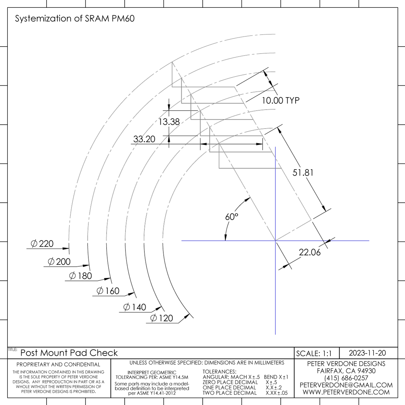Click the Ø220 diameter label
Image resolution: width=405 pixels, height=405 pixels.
[x=42, y=244]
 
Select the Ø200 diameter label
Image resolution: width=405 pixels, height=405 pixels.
[x=59, y=262]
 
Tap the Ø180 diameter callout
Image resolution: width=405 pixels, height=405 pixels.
[x=80, y=276]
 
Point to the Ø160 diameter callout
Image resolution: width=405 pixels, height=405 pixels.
[x=108, y=291]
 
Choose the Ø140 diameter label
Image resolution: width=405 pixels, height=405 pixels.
[x=135, y=307]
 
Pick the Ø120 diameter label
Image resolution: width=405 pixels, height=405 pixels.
[x=161, y=318]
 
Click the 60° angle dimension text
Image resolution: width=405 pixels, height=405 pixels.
[x=232, y=217]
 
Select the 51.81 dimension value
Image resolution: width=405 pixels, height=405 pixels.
[x=303, y=172]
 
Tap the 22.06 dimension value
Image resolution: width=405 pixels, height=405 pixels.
[x=309, y=252]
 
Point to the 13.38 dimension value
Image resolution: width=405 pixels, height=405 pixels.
[x=169, y=122]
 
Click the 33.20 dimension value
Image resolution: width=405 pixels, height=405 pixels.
[x=144, y=139]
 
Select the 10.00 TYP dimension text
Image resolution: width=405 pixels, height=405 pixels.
[x=280, y=100]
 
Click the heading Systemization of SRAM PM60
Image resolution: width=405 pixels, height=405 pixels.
[x=75, y=19]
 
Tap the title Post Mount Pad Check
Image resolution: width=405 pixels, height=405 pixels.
[x=69, y=353]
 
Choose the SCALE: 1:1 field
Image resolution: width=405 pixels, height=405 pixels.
[x=314, y=353]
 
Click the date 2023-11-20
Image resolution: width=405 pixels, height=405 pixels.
[x=367, y=353]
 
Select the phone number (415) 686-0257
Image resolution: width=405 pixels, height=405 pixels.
[x=346, y=378]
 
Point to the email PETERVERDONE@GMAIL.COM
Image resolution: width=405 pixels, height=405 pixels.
[x=346, y=385]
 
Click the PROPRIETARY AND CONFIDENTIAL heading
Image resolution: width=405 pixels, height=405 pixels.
[x=58, y=364]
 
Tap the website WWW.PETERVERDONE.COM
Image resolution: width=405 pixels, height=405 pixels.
[x=346, y=392]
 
